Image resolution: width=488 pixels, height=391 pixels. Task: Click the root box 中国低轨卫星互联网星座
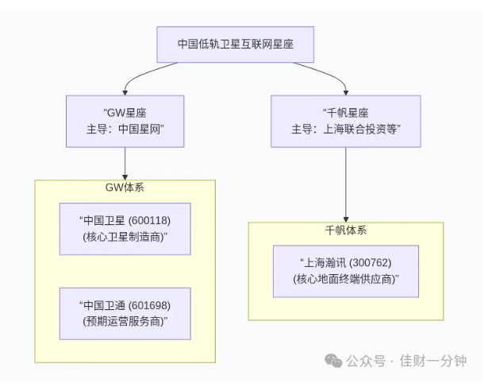[235, 45]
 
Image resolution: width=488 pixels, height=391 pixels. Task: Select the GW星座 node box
[125, 121]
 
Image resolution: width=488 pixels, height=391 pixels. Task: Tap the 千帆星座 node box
[345, 121]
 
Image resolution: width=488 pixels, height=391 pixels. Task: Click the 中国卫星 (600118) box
[125, 229]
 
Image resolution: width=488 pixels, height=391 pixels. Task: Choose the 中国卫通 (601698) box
[125, 313]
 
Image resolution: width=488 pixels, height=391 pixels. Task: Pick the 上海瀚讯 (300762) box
[345, 271]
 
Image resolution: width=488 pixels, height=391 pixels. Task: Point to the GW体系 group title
[125, 188]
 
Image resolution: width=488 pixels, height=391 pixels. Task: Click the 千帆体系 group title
[345, 230]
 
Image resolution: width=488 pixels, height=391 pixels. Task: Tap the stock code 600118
[149, 221]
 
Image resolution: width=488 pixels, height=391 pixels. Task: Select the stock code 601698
[149, 305]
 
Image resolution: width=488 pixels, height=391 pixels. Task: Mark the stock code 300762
[370, 263]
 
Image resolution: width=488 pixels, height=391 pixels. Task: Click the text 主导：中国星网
[125, 130]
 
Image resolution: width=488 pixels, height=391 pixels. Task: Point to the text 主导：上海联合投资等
[345, 130]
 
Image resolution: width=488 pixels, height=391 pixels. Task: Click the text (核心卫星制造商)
[125, 237]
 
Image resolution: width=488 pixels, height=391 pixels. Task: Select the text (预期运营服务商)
[125, 321]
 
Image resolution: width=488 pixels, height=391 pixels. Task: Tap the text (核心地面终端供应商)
[345, 279]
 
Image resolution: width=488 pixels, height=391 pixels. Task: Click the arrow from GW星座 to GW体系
[125, 164]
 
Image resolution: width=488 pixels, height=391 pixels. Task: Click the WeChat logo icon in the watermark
[333, 361]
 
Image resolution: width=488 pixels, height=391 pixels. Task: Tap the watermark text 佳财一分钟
[433, 361]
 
